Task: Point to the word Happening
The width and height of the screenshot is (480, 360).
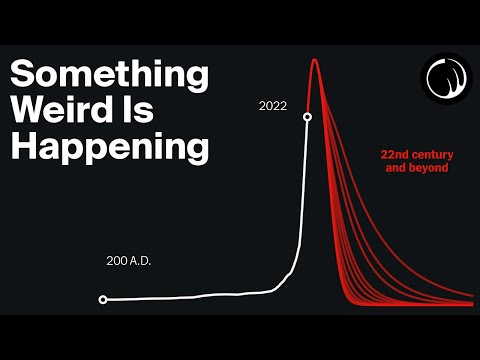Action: (x=108, y=148)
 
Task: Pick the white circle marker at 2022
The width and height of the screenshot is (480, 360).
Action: (x=307, y=117)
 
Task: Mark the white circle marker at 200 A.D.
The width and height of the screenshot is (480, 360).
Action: (x=103, y=299)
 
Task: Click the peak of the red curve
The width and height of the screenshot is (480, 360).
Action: (x=315, y=61)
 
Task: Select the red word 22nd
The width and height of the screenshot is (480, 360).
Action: (x=397, y=156)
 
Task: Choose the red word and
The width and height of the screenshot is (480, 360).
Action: (x=398, y=169)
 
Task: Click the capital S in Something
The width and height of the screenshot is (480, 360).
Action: (x=22, y=76)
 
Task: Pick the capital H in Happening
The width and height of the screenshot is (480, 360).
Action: (x=22, y=148)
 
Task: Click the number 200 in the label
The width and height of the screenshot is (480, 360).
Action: (x=117, y=261)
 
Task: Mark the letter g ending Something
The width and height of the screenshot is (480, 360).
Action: (x=199, y=80)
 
